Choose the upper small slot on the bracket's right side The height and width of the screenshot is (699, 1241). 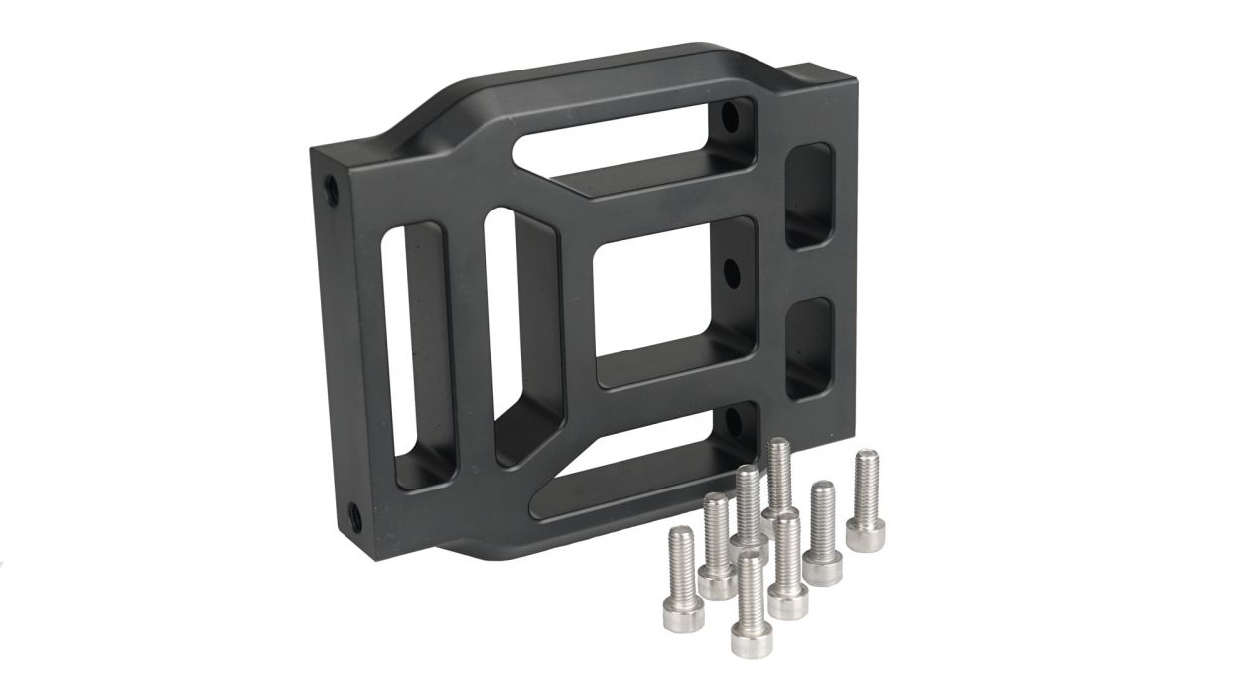(x=808, y=196)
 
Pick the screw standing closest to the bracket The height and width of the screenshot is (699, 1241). (x=779, y=477)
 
